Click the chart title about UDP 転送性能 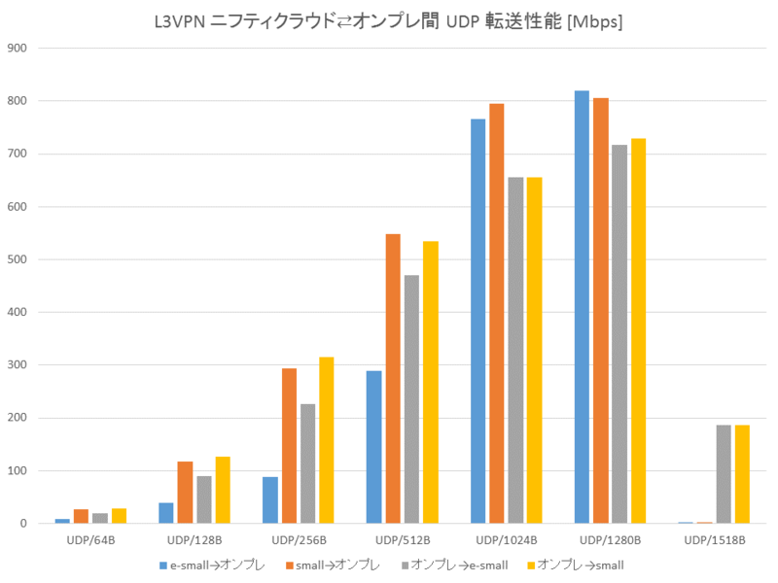pos(389,21)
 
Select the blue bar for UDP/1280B pos(582,307)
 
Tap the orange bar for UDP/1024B pos(496,314)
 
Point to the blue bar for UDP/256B pos(269,500)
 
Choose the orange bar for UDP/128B pos(185,493)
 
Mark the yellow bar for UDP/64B pos(119,516)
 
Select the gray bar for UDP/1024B pos(515,351)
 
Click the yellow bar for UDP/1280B pos(638,331)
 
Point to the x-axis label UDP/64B pos(91,539)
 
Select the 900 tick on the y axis pos(17,48)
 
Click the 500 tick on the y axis pos(17,259)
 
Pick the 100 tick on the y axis pos(17,471)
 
